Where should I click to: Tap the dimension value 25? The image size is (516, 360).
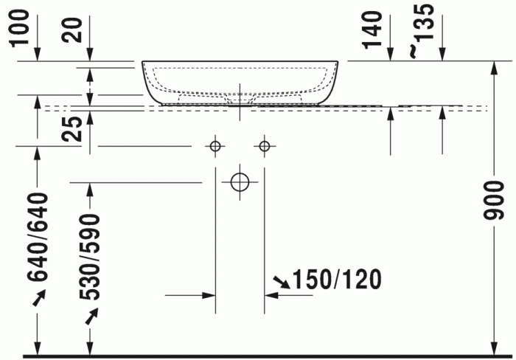72,129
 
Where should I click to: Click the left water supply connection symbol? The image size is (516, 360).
215,146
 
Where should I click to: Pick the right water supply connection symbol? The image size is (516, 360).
264,146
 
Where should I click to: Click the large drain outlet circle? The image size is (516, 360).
240,181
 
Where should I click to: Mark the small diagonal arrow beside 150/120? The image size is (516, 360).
281,281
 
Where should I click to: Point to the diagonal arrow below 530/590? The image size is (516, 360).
91,316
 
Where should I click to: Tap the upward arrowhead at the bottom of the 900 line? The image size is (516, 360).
494,347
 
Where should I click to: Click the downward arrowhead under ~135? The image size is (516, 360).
442,55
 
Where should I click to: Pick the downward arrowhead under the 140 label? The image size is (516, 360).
389,55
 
